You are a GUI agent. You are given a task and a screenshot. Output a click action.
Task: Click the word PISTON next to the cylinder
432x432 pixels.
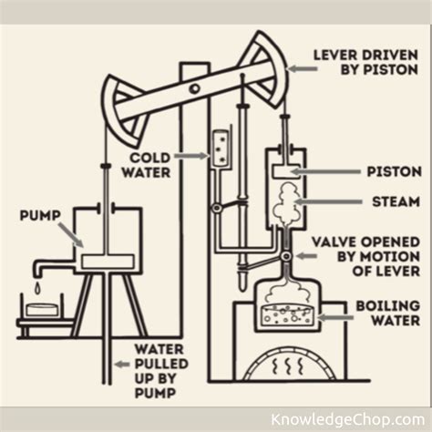click(393, 171)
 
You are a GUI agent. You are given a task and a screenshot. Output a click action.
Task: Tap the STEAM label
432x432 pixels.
click(395, 201)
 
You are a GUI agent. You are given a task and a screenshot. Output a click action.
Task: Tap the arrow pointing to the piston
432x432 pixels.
click(320, 171)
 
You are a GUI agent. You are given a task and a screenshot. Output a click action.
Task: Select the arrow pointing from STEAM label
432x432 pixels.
click(323, 201)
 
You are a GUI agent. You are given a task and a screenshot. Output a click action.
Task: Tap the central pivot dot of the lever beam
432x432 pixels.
click(194, 88)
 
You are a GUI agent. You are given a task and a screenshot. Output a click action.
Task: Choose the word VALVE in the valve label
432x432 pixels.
click(334, 242)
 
